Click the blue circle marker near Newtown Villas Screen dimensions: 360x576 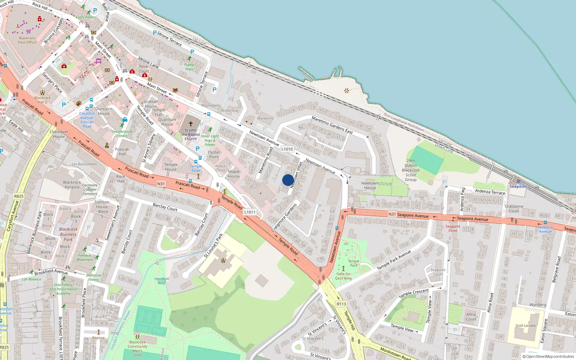pyautogui.click(x=288, y=180)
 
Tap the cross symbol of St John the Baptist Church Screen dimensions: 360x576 pyautogui.click(x=191, y=123)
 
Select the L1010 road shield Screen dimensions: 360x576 pyautogui.click(x=287, y=149)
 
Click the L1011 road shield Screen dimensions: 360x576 pyautogui.click(x=250, y=212)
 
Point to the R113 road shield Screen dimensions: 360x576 pyautogui.click(x=341, y=304)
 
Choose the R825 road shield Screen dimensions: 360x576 pyautogui.click(x=19, y=196)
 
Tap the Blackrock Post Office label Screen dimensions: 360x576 pyautogui.click(x=27, y=40)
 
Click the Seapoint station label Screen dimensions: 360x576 pyautogui.click(x=518, y=186)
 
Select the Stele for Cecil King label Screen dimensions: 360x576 pyautogui.click(x=343, y=276)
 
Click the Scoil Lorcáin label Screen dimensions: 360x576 pyautogui.click(x=525, y=325)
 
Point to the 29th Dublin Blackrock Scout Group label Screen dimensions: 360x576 pyautogui.click(x=411, y=170)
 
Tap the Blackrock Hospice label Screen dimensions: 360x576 pyautogui.click(x=72, y=185)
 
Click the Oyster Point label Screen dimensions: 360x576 pyautogui.click(x=214, y=154)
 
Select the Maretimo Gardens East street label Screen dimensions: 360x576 pyautogui.click(x=332, y=125)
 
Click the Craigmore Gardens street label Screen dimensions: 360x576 pyautogui.click(x=284, y=217)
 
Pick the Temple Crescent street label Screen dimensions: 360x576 pyautogui.click(x=414, y=293)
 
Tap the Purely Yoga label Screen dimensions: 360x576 pyautogui.click(x=189, y=67)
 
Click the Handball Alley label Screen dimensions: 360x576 pyautogui.click(x=162, y=281)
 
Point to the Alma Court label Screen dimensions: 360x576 pyautogui.click(x=471, y=316)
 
